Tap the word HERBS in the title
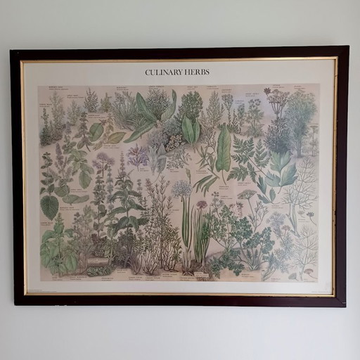(198, 72)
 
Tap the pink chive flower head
(202, 205)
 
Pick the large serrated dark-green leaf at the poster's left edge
(49, 206)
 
